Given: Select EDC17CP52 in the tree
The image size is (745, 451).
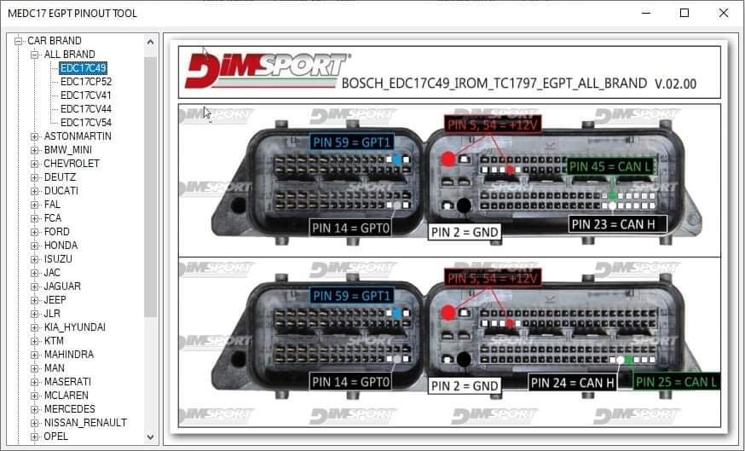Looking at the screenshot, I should point(86,82).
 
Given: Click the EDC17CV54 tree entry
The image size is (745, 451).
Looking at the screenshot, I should point(86,123).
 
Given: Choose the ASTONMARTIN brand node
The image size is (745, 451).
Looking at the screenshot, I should point(78,136).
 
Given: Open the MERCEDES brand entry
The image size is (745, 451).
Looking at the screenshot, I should point(70,409).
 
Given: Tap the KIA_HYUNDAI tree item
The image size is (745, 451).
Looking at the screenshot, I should point(75,327).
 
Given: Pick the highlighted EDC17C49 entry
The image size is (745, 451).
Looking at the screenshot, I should point(84,68).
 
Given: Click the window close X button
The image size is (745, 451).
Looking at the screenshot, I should point(724,14).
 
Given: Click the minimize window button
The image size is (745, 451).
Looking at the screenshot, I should point(645,14).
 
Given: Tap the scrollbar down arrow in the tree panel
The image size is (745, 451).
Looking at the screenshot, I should point(151,437).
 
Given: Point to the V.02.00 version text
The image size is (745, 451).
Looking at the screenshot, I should point(676,84).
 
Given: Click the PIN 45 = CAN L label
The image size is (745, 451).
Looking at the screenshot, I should point(610,165).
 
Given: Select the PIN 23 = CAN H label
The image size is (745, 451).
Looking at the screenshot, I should point(618,224).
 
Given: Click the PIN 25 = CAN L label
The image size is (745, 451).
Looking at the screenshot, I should point(677,382).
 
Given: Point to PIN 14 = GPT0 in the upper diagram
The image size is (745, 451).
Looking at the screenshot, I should point(351,228).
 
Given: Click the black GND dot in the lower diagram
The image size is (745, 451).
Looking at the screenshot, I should point(464,359).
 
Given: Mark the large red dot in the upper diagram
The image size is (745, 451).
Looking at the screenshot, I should point(448,159).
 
